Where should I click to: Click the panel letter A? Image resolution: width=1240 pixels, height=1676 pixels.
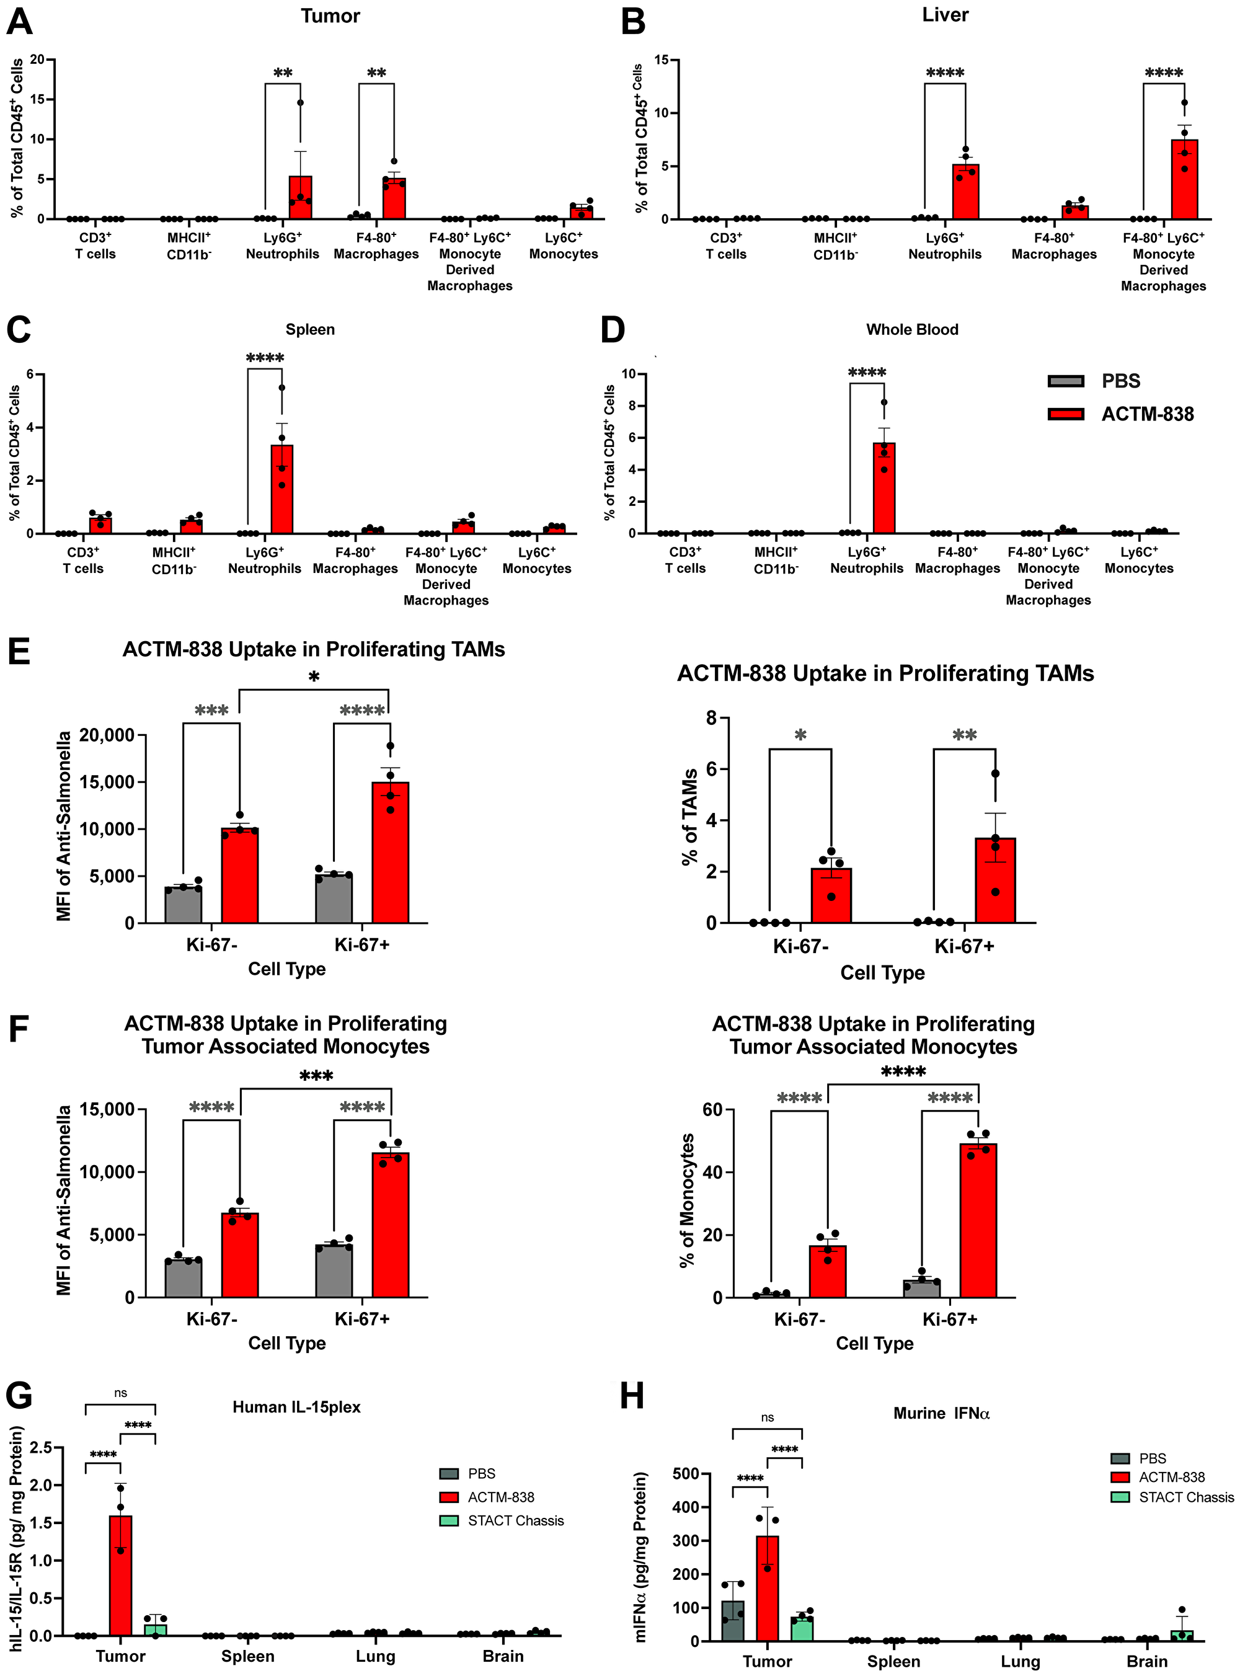click(x=19, y=20)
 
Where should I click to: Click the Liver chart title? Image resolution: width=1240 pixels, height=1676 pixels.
click(x=945, y=15)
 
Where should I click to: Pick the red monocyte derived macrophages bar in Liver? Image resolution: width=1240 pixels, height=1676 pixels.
click(x=1184, y=180)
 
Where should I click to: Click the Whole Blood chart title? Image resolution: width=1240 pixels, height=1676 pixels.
click(x=912, y=329)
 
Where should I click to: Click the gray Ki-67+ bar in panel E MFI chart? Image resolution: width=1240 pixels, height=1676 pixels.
click(x=334, y=898)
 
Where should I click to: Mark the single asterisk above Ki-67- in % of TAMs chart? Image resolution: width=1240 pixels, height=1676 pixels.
click(x=800, y=735)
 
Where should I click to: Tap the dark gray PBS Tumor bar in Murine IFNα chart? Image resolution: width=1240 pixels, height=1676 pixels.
click(x=733, y=1621)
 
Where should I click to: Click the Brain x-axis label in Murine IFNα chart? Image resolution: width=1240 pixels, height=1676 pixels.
click(x=1146, y=1661)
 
